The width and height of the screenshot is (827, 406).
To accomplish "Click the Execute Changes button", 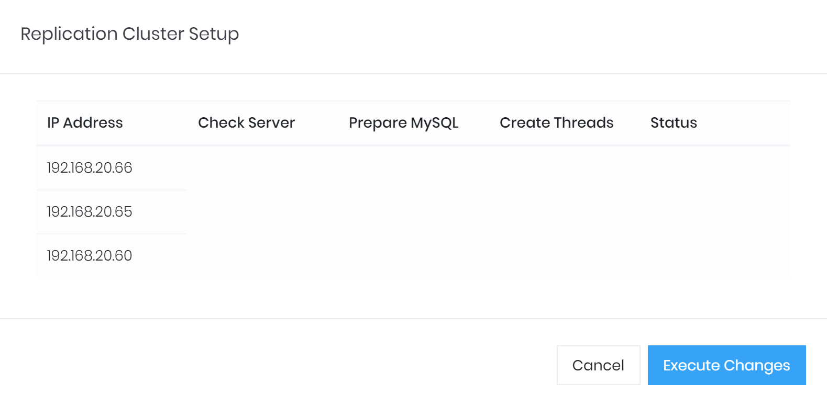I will [726, 365].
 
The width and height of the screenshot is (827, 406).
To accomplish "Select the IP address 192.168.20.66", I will [90, 167].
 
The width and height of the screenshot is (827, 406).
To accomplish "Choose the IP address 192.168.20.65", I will [90, 211].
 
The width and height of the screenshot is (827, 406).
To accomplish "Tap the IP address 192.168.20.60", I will [90, 255].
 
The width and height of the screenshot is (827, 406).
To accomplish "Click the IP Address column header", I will [85, 122].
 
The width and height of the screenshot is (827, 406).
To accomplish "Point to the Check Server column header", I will [246, 122].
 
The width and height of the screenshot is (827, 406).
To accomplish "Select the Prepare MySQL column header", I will [403, 122].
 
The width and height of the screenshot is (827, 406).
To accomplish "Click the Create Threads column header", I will [556, 122].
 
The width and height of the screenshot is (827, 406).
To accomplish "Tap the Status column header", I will [674, 122].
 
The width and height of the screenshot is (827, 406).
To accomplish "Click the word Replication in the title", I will [69, 34].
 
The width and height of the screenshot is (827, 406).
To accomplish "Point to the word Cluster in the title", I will [153, 34].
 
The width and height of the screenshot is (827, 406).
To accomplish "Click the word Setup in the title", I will [214, 34].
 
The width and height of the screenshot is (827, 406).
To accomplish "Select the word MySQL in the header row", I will [435, 122].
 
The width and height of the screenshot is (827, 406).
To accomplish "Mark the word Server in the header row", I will [271, 122].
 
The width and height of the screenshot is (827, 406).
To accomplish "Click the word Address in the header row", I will [93, 122].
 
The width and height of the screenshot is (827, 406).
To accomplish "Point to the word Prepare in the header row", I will [378, 122].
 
